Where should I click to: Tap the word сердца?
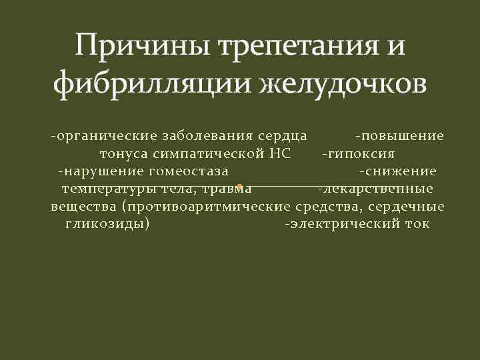coord(283,136)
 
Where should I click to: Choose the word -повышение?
coord(399,136)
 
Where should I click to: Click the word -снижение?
coord(398,171)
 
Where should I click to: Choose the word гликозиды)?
coord(107,223)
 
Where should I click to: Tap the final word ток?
coord(417,223)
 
